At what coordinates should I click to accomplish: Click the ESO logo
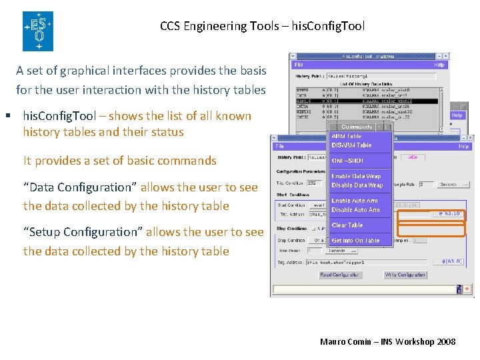pos(38,31)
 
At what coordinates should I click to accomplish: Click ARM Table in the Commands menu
pos(347,137)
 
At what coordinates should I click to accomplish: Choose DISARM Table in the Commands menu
pos(351,145)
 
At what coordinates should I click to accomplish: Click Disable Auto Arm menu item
pos(356,210)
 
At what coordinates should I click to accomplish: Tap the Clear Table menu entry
pos(347,225)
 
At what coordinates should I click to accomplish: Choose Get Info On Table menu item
pos(355,241)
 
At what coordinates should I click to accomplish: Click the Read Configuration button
pos(340,275)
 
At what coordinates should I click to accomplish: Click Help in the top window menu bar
pos(439,65)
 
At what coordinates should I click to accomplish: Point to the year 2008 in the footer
pos(446,341)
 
